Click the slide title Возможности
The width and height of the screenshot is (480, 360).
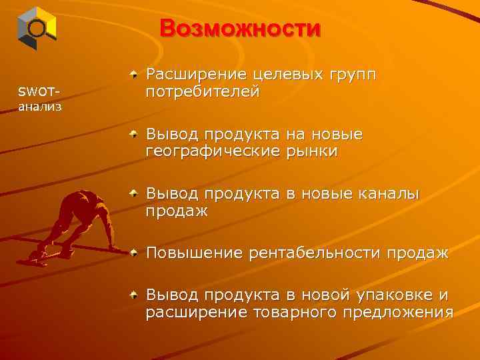point(240,29)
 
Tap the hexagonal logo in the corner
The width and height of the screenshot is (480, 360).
point(36,28)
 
